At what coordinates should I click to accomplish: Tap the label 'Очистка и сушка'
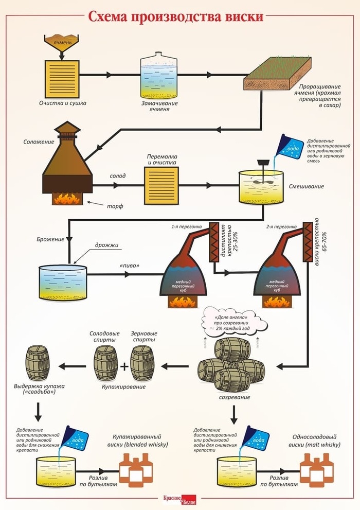[62, 103]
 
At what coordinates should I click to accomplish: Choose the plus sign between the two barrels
[124, 367]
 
